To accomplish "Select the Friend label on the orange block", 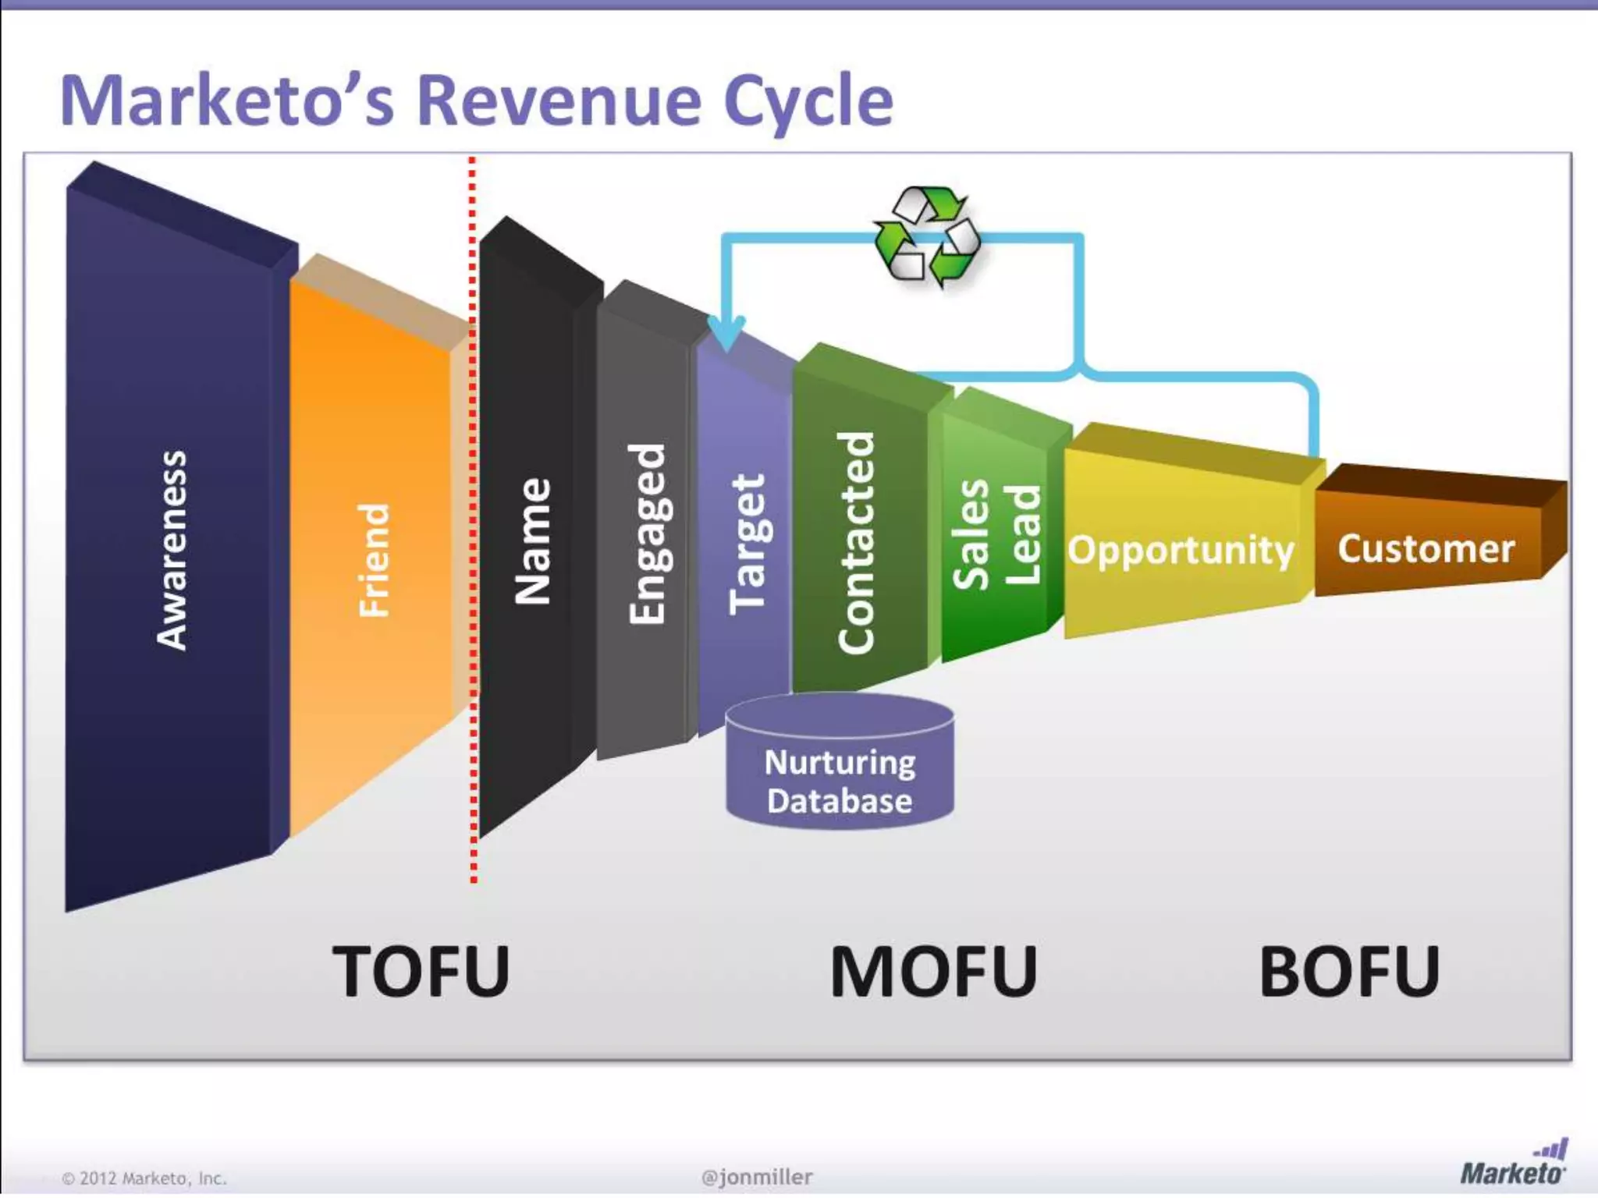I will click(x=374, y=560).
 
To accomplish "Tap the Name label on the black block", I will click(x=534, y=541).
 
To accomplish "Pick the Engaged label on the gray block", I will click(x=648, y=534).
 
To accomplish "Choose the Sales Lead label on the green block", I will click(x=997, y=534).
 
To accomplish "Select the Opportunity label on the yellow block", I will click(x=1181, y=550).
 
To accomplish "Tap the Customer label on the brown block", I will click(x=1426, y=548).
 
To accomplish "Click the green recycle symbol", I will click(x=927, y=236).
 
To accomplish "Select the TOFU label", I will click(x=421, y=971).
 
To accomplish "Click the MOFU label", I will click(x=933, y=971).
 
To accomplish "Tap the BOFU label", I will click(x=1350, y=971).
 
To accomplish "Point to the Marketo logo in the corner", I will click(x=1514, y=1163).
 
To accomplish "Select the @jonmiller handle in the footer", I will click(x=757, y=1177).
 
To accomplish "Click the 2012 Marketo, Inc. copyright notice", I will click(x=145, y=1179).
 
